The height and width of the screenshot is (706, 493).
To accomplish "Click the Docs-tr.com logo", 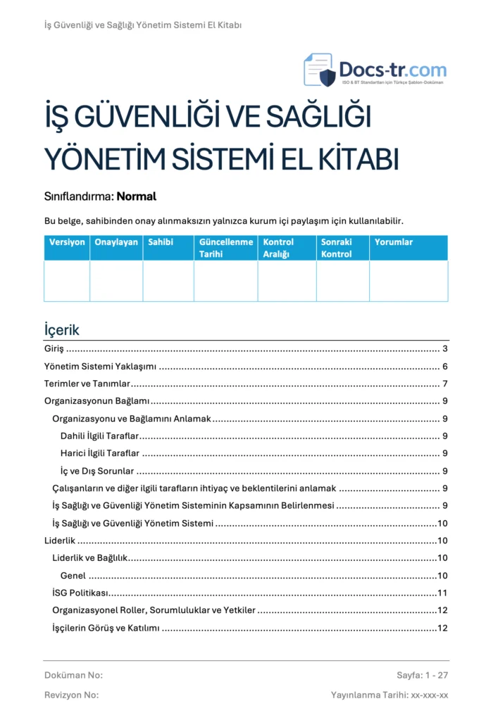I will tap(375, 70).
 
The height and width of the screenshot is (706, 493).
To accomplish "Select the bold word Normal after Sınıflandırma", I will tap(136, 196).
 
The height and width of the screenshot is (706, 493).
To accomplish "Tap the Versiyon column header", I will tap(67, 242).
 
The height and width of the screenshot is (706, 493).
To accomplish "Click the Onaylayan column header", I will tap(116, 242).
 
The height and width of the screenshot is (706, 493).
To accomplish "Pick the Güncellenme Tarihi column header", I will tap(225, 248).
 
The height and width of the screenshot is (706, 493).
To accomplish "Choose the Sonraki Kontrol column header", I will tap(336, 248).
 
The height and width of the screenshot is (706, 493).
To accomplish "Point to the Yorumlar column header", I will tap(394, 242).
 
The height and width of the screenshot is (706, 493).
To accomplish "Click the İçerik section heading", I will tap(62, 330).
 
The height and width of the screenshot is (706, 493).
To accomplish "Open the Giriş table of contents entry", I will tap(54, 349).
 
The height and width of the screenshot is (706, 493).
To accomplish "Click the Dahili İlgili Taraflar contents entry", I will tap(99, 436).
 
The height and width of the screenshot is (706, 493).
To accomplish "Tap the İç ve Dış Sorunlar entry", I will tap(96, 471).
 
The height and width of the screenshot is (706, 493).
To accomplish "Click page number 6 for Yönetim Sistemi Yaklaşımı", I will tap(445, 367).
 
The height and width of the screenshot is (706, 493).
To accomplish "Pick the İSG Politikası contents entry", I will tap(80, 593).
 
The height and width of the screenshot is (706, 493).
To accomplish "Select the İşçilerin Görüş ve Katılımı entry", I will tap(106, 628).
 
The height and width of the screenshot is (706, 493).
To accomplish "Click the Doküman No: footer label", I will tap(73, 676).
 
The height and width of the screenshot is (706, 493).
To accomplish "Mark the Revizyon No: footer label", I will tap(71, 695).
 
